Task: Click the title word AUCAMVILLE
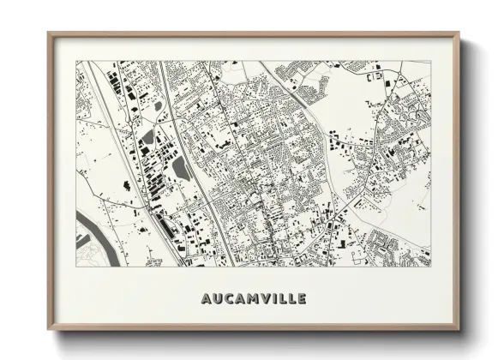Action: click(253, 299)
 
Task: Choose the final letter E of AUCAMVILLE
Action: click(301, 299)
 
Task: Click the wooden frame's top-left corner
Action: click(49, 33)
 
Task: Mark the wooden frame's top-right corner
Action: click(459, 33)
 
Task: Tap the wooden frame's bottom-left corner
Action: click(49, 330)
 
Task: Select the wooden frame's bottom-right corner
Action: click(459, 330)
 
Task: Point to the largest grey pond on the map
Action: click(182, 168)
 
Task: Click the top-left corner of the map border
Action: click(76, 61)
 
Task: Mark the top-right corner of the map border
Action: click(429, 61)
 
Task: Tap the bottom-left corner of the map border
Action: click(76, 266)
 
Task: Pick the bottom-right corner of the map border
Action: click(429, 266)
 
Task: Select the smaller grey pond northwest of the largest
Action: click(148, 137)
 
